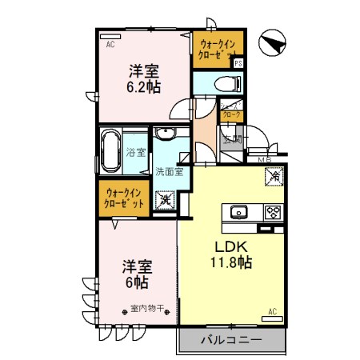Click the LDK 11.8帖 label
click(x=233, y=255)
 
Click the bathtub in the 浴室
click(x=111, y=150)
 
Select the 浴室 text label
click(x=136, y=152)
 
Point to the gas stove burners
click(x=272, y=212)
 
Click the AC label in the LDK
click(x=272, y=311)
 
